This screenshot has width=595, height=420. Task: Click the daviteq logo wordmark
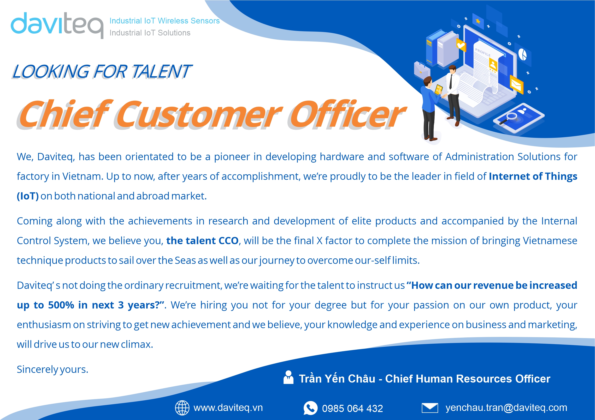[57, 25]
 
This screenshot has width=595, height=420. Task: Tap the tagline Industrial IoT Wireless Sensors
[165, 21]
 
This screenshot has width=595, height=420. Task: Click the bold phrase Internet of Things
[533, 177]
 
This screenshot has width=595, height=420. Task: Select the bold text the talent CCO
[202, 241]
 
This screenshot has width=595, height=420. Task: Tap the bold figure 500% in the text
[61, 305]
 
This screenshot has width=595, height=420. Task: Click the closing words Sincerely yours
[53, 369]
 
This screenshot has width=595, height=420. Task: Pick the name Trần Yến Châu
[337, 379]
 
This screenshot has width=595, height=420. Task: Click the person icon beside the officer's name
[289, 377]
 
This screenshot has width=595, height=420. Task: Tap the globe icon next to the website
[182, 408]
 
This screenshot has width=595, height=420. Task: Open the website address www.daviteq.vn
[228, 408]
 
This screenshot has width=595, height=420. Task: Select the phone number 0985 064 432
[353, 408]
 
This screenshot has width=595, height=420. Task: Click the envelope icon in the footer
[430, 408]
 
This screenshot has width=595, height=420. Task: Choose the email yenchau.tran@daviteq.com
[506, 408]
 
